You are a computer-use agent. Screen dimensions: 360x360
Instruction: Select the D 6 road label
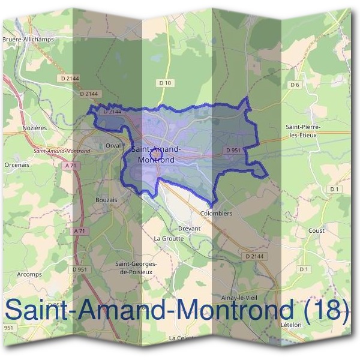(294, 85)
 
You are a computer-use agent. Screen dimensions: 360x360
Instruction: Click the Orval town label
(113, 145)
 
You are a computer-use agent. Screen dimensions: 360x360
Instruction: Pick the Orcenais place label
(16, 164)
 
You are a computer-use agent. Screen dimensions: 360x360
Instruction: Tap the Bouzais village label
(106, 199)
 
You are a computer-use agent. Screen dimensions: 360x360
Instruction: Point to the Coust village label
(316, 230)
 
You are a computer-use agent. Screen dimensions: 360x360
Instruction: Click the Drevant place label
(189, 229)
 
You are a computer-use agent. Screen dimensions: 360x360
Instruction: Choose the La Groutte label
(166, 238)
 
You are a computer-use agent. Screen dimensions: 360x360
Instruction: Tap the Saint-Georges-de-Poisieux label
(136, 268)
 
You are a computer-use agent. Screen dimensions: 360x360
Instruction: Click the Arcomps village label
(29, 274)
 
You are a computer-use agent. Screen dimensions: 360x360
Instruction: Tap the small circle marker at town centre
(154, 154)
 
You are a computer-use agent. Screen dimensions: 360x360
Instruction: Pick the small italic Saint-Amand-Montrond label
(62, 151)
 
